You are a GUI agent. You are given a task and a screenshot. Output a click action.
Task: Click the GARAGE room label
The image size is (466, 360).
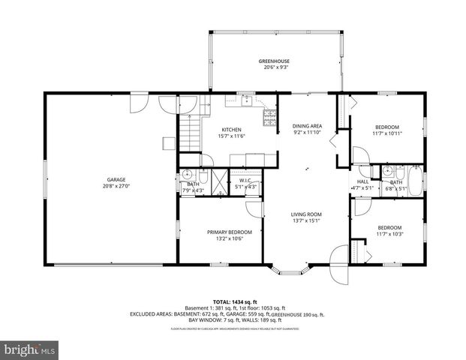tap(116, 179)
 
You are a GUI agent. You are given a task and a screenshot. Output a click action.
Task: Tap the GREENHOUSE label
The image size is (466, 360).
tap(274, 61)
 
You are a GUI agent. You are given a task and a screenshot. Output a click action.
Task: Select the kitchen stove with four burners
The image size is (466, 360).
tap(268, 115)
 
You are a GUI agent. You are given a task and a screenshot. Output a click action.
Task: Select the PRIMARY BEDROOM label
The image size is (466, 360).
tap(229, 232)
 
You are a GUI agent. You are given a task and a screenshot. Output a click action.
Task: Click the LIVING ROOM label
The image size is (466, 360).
tap(306, 214)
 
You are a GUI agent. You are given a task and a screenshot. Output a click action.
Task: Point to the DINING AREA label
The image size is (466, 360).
tap(307, 126)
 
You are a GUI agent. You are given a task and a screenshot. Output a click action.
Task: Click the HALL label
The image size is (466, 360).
tap(362, 181)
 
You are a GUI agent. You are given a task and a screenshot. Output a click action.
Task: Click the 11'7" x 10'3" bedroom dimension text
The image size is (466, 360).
tap(389, 234)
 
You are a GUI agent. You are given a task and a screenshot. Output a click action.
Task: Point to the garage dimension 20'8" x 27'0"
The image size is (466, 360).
tap(116, 185)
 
